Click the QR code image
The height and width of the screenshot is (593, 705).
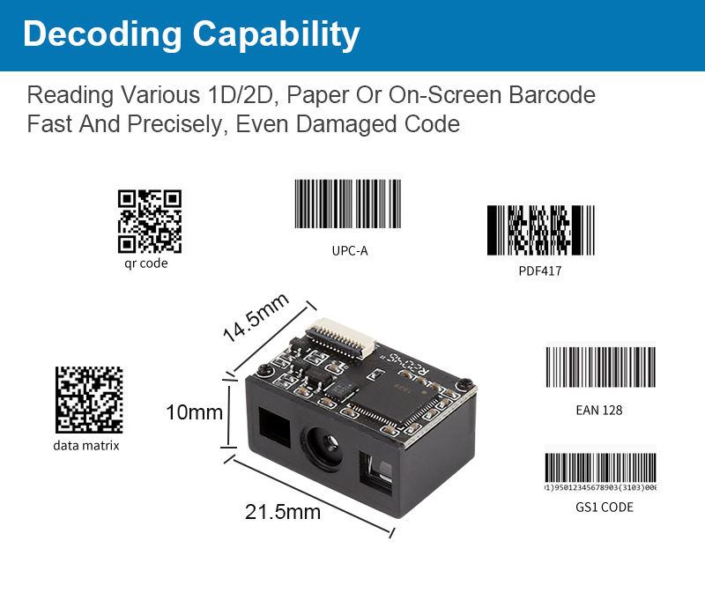[x=149, y=221]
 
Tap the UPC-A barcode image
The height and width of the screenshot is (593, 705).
[x=348, y=205]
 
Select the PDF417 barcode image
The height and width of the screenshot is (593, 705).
[x=540, y=230]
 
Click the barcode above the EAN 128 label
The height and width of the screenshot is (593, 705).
[x=600, y=366]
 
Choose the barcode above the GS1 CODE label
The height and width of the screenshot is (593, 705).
[x=600, y=472]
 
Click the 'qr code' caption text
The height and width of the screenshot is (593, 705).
[x=145, y=263]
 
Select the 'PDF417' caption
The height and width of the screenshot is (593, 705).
[x=539, y=271]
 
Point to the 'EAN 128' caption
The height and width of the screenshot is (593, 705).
[x=599, y=410]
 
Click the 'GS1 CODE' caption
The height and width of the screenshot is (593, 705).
[x=604, y=507]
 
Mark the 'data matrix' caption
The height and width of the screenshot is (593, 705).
[x=85, y=445]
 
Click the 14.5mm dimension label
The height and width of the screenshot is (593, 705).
[x=256, y=318]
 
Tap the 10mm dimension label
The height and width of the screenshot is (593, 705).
[x=194, y=411]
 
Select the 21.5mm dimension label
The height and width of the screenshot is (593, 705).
[x=283, y=511]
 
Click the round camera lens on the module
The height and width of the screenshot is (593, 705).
[x=321, y=444]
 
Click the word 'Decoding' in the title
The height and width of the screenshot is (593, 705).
[x=101, y=34]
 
